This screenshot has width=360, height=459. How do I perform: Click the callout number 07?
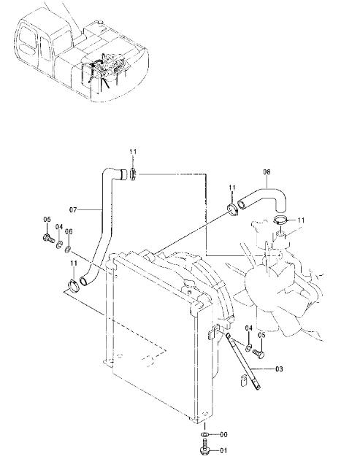73,210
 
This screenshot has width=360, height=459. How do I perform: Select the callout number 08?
267,171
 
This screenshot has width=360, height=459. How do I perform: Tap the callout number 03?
279,369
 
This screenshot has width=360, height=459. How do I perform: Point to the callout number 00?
223,435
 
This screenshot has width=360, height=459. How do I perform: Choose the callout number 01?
223,450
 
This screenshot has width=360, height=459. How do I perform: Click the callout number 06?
69,231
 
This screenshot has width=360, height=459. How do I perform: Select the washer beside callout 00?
205,434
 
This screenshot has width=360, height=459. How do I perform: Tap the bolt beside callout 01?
205,447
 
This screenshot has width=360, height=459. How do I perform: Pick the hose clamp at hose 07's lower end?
73,285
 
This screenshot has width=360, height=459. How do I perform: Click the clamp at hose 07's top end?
133,174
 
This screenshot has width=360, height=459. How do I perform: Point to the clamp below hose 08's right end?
281,220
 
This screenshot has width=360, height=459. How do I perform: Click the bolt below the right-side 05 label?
258,353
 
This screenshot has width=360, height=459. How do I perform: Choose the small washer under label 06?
68,250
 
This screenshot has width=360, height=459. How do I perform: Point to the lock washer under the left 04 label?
59,244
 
